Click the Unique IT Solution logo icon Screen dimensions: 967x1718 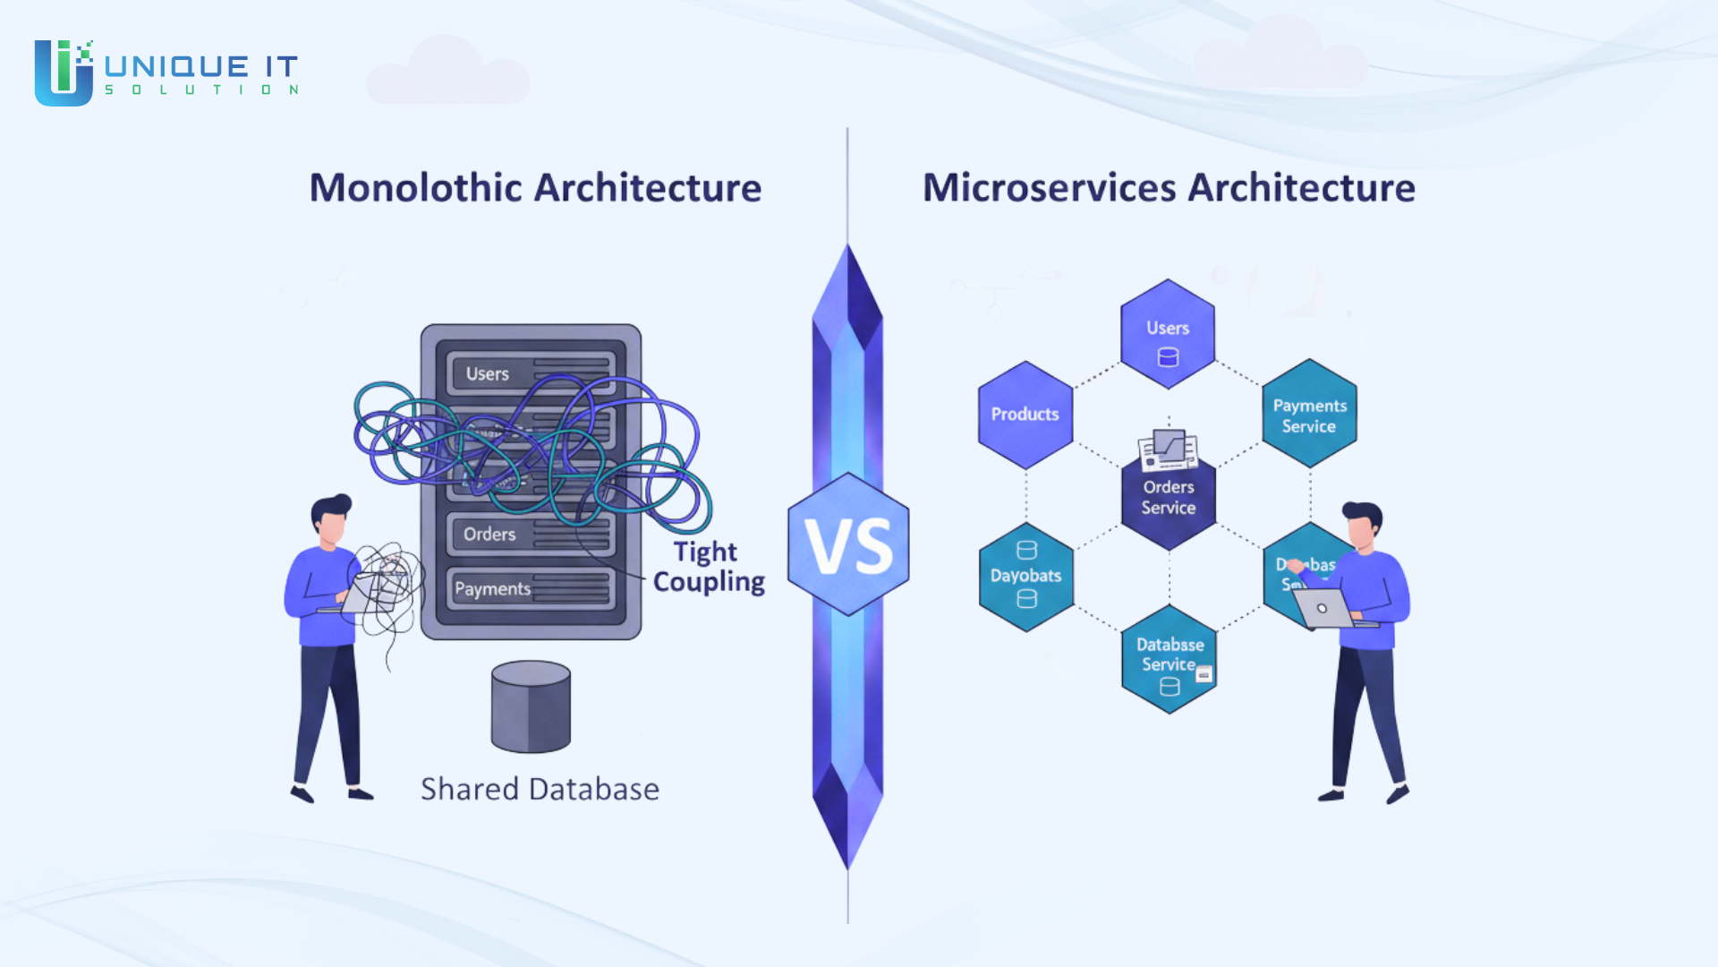pyautogui.click(x=64, y=73)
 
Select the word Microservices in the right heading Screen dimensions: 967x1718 pyautogui.click(x=1049, y=188)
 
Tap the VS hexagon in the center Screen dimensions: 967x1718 pyautogui.click(x=848, y=544)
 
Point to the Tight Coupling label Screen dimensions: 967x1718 pyautogui.click(x=708, y=567)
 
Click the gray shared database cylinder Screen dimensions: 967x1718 pyautogui.click(x=531, y=707)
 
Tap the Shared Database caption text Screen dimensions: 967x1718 pyautogui.click(x=540, y=789)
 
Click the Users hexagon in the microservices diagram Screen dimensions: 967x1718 pyautogui.click(x=1168, y=333)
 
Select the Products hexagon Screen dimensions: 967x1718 pyautogui.click(x=1025, y=415)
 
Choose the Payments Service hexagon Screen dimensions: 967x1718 pyautogui.click(x=1309, y=415)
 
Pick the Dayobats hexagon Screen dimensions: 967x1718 pyautogui.click(x=1026, y=577)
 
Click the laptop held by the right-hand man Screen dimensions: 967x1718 pyautogui.click(x=1323, y=609)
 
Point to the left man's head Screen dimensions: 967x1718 pyautogui.click(x=331, y=519)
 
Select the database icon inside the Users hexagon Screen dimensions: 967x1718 pyautogui.click(x=1168, y=357)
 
